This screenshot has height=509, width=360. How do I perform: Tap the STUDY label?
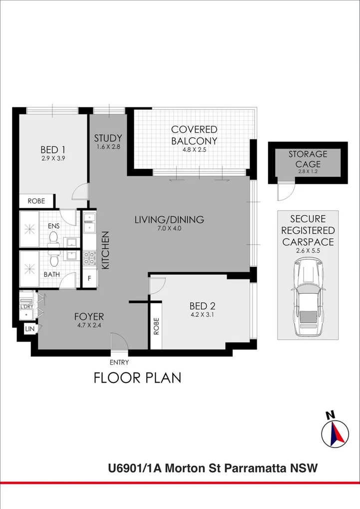[108, 138]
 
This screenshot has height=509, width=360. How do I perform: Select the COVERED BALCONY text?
[194, 135]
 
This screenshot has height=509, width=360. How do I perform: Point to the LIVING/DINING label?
[170, 219]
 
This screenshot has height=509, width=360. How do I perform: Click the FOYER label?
[89, 317]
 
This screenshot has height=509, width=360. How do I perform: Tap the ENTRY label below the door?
[119, 363]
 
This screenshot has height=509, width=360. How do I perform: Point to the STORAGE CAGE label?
[308, 159]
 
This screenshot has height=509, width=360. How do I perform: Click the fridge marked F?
[89, 278]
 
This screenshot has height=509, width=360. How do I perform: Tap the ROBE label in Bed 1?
[36, 201]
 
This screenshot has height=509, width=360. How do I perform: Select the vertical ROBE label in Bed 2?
[156, 326]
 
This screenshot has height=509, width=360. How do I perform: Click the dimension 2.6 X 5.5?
[308, 251]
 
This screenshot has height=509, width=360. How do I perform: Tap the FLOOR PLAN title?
[137, 378]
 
